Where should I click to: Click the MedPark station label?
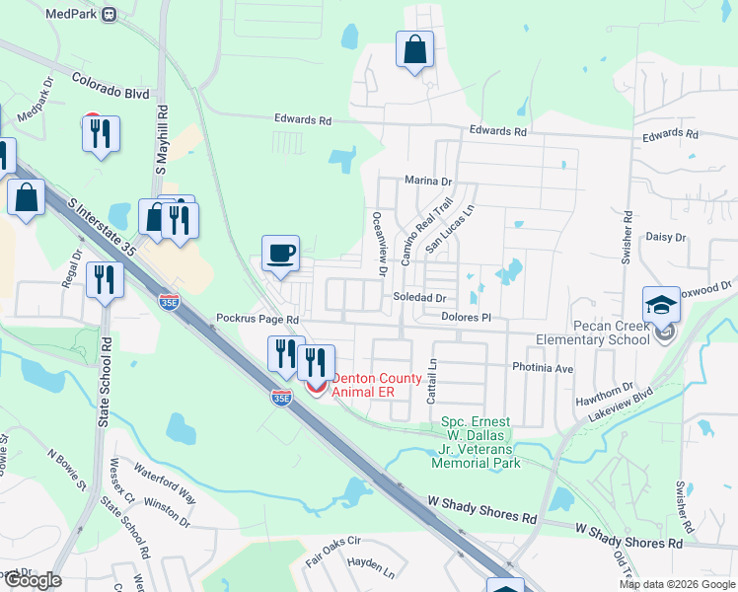[x=76, y=14]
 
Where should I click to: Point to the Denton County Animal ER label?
[x=377, y=385]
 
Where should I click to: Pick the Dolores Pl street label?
[x=466, y=318]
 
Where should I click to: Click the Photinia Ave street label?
[x=543, y=368]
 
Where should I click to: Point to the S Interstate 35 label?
[x=102, y=229]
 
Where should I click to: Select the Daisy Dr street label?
[x=665, y=237]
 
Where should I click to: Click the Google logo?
[x=32, y=580]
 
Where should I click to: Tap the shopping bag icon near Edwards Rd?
[x=415, y=49]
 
